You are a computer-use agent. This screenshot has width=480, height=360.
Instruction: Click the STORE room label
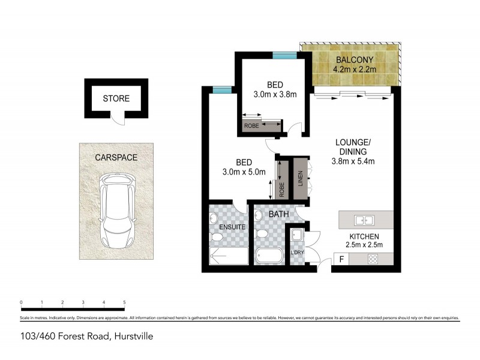[116, 98]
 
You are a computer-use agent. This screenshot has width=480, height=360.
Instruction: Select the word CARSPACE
[116, 158]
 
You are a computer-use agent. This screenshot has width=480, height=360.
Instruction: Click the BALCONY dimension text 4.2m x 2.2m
[355, 70]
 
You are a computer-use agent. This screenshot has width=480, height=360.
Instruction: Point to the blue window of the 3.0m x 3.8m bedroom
[284, 56]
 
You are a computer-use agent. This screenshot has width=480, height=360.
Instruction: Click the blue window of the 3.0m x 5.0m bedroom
[221, 90]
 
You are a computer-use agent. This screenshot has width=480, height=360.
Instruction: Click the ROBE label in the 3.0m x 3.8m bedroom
[251, 127]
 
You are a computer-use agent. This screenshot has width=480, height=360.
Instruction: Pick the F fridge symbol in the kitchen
[341, 260]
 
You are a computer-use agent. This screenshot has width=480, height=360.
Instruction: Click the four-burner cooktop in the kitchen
[372, 260]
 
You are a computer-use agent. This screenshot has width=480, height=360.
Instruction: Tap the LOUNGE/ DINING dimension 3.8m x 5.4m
[353, 161]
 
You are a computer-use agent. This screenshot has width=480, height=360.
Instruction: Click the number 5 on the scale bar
[124, 302]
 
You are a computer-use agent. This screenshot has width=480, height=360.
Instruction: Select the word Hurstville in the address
[133, 336]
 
